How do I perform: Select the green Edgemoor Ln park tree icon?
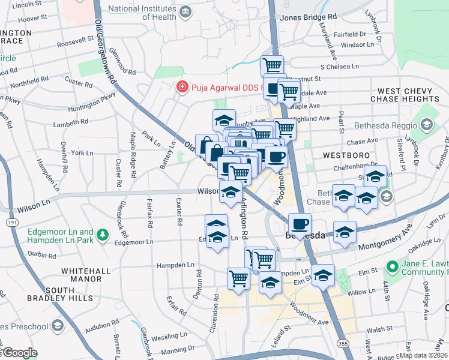coord(103,233)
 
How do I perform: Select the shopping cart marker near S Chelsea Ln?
coord(272,65)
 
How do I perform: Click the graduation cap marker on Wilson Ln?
coord(230,192)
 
